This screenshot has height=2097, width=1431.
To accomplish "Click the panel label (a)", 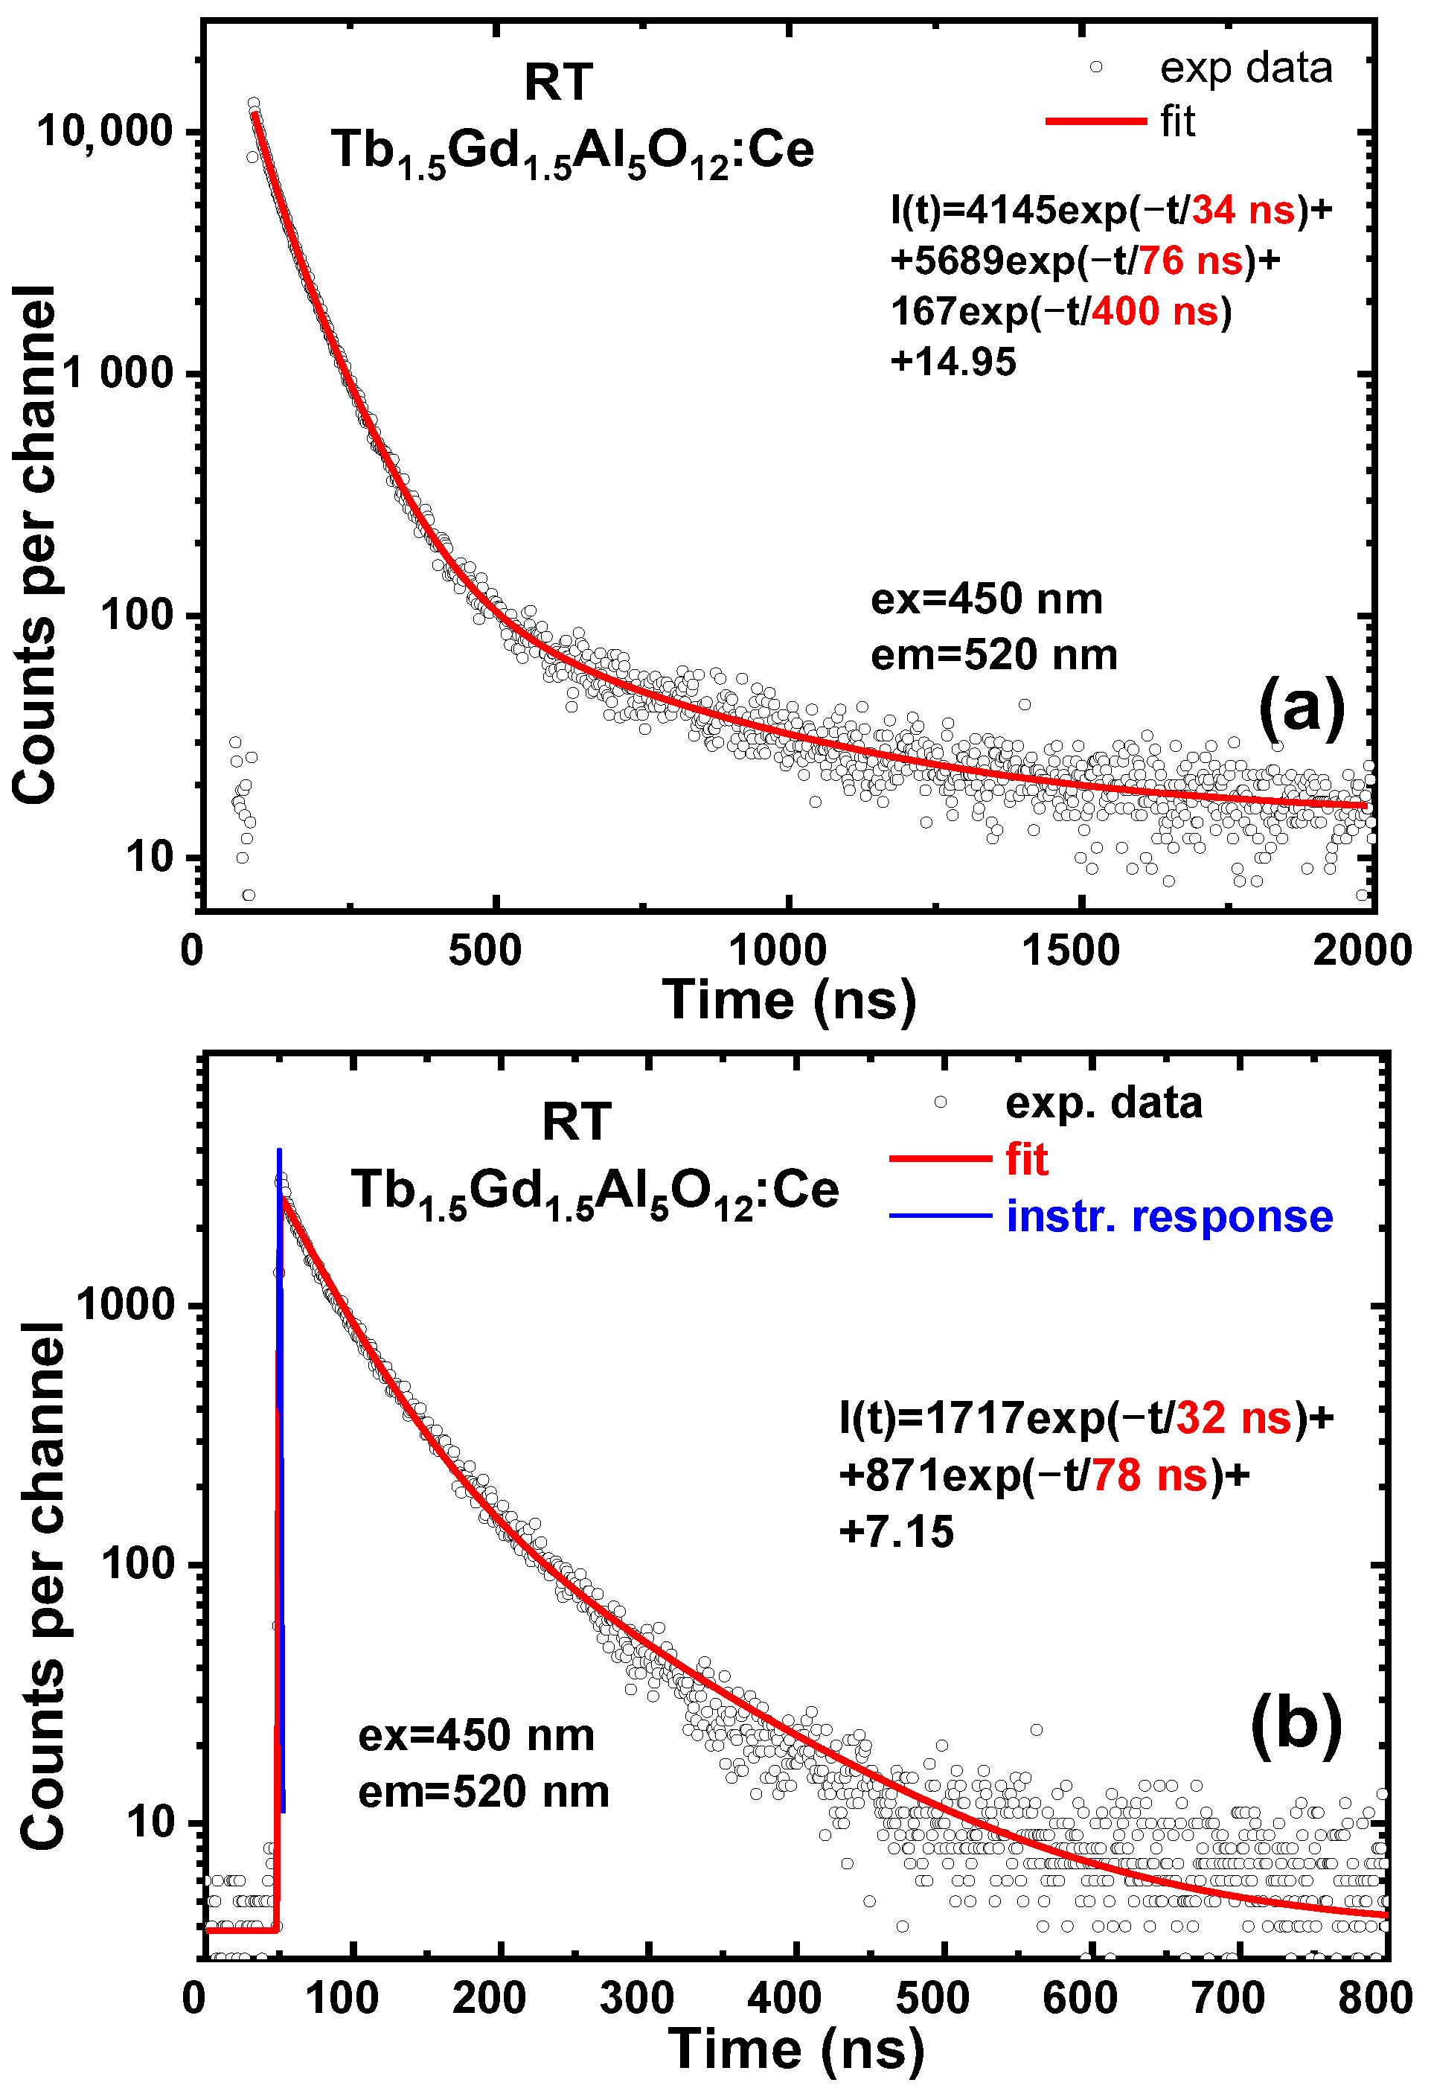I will click(1300, 709).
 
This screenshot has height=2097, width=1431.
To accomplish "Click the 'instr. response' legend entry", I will click(1168, 1216).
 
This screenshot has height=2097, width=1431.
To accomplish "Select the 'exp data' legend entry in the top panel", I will click(1245, 68).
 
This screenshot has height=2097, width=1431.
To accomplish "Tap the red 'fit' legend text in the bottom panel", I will click(1027, 1160).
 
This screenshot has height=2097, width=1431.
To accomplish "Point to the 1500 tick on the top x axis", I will click(1071, 950).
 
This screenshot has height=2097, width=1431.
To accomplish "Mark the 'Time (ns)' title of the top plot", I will click(789, 1000).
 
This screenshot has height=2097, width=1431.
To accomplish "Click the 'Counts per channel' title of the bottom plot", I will click(42, 1583).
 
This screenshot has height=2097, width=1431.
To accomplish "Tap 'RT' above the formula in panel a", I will click(559, 83).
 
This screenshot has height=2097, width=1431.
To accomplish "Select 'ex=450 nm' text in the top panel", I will click(986, 599).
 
